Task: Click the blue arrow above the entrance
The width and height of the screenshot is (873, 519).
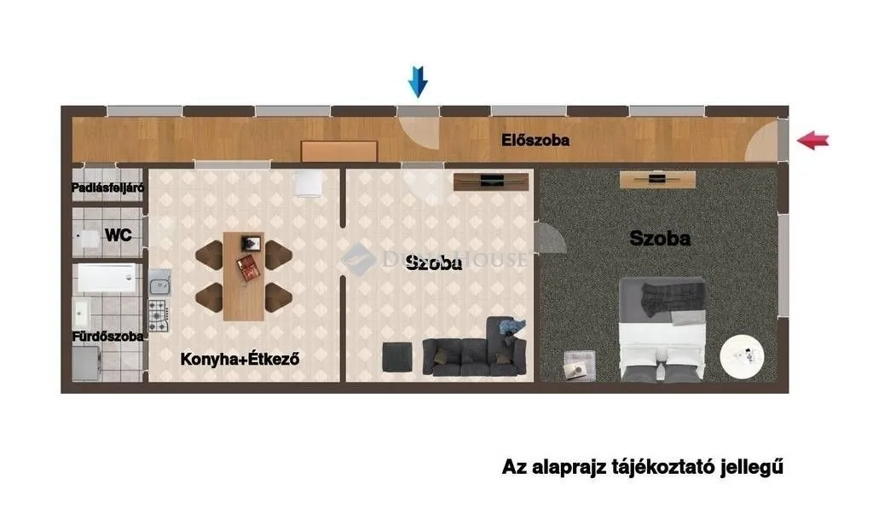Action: tap(418, 82)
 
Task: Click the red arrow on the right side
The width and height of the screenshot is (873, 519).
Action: tap(813, 141)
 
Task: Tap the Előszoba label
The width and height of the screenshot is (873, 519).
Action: tap(535, 141)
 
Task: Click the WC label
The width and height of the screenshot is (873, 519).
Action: tap(118, 235)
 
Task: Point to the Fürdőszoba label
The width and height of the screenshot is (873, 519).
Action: tap(107, 336)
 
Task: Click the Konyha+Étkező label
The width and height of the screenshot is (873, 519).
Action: tap(241, 359)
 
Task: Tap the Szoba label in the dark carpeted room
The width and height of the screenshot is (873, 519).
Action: tap(659, 239)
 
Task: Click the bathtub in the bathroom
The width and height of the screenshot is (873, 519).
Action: tap(106, 278)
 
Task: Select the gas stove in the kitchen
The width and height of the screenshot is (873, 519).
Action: tap(159, 315)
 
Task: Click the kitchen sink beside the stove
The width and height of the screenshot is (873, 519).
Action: tap(159, 281)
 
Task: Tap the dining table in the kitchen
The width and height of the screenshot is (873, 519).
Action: tap(244, 275)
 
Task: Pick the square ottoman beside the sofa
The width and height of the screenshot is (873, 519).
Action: tap(397, 355)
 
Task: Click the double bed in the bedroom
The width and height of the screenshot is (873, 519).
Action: tap(662, 331)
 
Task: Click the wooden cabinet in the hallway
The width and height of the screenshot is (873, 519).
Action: tap(339, 151)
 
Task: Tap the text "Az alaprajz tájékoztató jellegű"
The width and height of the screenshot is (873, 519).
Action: tap(642, 467)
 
